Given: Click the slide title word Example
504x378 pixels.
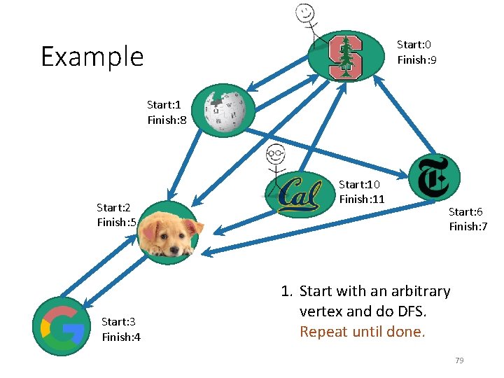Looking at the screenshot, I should click(x=92, y=56).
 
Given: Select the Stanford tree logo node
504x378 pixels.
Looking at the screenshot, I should click(x=346, y=56).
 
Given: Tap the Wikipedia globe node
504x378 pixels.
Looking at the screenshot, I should click(x=223, y=111).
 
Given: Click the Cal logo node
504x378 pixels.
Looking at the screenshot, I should click(x=300, y=193).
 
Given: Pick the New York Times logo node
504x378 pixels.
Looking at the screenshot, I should click(x=433, y=177).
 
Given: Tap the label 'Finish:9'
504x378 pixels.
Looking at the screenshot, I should click(x=417, y=60).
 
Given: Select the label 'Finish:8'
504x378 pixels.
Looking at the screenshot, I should click(x=167, y=120).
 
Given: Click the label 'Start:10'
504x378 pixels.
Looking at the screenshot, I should click(x=359, y=184).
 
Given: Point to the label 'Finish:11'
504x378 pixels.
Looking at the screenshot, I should click(x=361, y=199).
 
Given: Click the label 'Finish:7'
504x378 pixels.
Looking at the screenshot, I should click(x=468, y=227).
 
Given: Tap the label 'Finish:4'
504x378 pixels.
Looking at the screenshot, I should click(x=121, y=337).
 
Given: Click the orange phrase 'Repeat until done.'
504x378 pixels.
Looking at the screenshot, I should click(x=362, y=332).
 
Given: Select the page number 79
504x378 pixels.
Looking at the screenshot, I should click(x=459, y=360).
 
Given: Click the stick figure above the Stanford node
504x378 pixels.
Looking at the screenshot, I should click(x=307, y=21).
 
